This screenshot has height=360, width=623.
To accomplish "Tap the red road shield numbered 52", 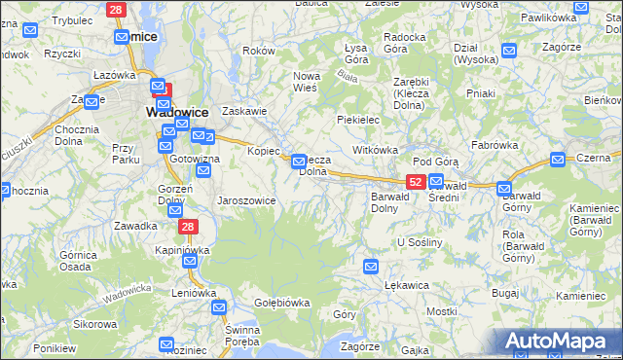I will click(x=415, y=182).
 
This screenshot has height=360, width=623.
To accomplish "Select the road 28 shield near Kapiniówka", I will click(x=188, y=226).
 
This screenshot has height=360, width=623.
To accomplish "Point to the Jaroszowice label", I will click(x=246, y=200).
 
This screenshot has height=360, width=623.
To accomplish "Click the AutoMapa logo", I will click(x=558, y=340).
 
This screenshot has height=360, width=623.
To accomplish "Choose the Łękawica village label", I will click(x=407, y=285).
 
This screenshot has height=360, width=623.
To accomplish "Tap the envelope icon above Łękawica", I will click(x=371, y=266).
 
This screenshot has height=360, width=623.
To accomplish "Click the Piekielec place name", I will click(x=357, y=119).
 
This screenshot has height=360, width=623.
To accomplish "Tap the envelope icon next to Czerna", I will click(x=558, y=159).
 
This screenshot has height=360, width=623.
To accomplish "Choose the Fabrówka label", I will click(x=493, y=144).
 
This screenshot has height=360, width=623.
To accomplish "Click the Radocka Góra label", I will click(x=404, y=42).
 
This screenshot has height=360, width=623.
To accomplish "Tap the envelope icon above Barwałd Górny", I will click(x=504, y=189).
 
